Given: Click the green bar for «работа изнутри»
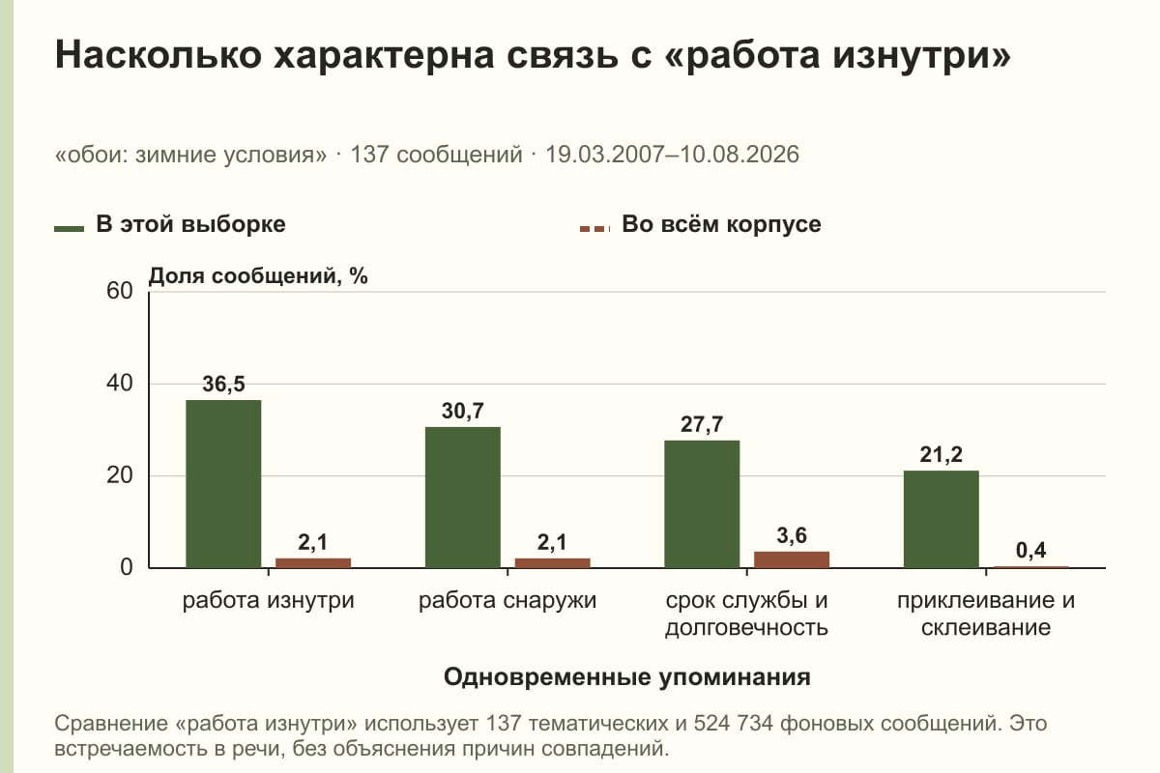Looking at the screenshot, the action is tap(223, 483).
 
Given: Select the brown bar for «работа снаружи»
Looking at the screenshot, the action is tap(552, 562).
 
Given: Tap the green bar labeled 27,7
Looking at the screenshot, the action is tap(702, 504).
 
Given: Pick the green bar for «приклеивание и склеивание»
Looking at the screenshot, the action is tap(941, 519).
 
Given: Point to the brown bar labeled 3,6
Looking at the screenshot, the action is tap(792, 559).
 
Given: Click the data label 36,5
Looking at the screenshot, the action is tap(223, 385).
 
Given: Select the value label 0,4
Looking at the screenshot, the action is tap(1030, 551).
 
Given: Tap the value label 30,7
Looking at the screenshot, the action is tap(462, 411).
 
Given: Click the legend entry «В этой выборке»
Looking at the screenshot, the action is tap(170, 225).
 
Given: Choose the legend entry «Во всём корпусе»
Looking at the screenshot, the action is tap(700, 225).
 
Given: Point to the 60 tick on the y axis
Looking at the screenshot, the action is tap(120, 291).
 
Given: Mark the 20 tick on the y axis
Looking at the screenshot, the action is tap(120, 475).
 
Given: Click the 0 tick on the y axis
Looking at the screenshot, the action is tap(127, 567).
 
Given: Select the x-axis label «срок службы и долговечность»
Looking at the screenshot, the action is tap(746, 614).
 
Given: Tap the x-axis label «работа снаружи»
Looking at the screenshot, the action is tap(507, 601).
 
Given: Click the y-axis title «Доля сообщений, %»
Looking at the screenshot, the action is tap(258, 276).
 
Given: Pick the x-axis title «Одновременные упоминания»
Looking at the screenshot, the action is tap(627, 677).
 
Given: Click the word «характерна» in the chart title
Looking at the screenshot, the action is tap(384, 54).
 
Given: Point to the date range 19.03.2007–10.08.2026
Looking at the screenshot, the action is tap(672, 155).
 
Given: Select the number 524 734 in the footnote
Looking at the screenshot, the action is tap(733, 723).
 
